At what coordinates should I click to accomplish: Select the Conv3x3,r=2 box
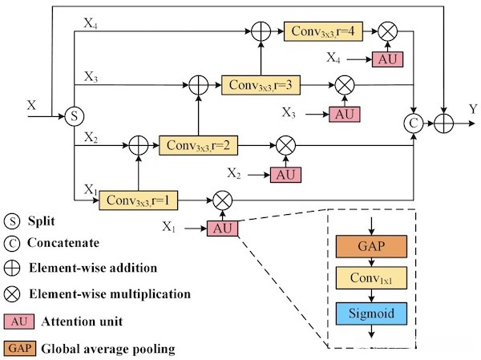point(196,146)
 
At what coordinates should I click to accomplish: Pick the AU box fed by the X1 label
point(222,229)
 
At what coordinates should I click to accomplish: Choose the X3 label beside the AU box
point(300,113)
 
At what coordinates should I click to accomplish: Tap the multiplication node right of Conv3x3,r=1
point(221,197)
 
